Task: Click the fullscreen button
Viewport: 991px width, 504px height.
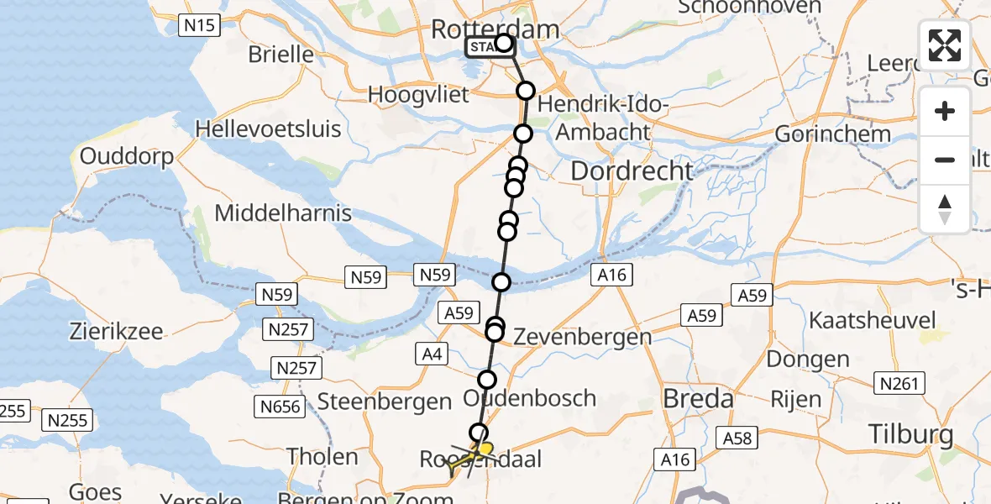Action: pyautogui.click(x=945, y=45)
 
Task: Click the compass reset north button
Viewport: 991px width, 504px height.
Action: pyautogui.click(x=945, y=208)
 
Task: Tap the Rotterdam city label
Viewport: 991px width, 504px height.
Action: pyautogui.click(x=495, y=30)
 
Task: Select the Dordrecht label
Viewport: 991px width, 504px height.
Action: pyautogui.click(x=632, y=171)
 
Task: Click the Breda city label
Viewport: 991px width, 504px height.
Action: pyautogui.click(x=699, y=399)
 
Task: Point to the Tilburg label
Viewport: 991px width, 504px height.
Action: pyautogui.click(x=910, y=434)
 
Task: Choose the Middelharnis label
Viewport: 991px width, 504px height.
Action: pyautogui.click(x=283, y=213)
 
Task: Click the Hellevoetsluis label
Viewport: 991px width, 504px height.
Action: pyautogui.click(x=268, y=129)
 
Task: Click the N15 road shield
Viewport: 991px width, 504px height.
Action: pyautogui.click(x=200, y=25)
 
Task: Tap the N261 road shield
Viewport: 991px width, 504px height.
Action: pyautogui.click(x=899, y=383)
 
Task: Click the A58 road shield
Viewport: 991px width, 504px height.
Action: pyautogui.click(x=737, y=438)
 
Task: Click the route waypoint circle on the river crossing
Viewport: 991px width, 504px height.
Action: pyautogui.click(x=501, y=282)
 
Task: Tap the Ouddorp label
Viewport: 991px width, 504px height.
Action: pyautogui.click(x=128, y=157)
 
